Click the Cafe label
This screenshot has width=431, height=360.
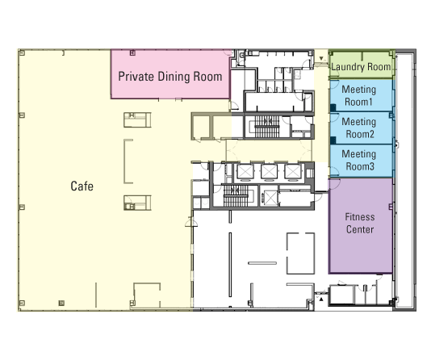(x=82, y=186)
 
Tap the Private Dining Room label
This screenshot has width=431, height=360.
(x=170, y=77)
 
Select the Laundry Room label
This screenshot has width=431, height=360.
(x=361, y=67)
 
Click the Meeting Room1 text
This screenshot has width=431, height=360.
(x=358, y=95)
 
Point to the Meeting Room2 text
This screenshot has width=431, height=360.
(x=358, y=128)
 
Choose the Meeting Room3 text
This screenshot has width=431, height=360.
(x=358, y=160)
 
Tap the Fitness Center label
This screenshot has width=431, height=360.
(x=360, y=223)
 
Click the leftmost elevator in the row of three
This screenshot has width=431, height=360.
(x=245, y=172)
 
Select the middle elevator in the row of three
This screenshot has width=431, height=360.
(x=269, y=172)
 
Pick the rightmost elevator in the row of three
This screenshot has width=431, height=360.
(x=293, y=172)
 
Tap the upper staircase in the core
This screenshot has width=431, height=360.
(x=267, y=127)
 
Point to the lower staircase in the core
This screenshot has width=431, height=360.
(x=236, y=196)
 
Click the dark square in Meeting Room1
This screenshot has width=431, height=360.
(x=333, y=107)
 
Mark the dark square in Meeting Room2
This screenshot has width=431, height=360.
(x=333, y=140)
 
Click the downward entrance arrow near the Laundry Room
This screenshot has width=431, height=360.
(x=321, y=59)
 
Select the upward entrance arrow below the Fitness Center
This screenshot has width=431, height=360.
(x=321, y=299)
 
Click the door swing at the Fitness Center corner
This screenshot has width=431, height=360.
(x=334, y=184)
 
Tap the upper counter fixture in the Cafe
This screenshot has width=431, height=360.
(x=137, y=119)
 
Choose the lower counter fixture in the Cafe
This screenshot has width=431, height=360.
(x=137, y=203)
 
